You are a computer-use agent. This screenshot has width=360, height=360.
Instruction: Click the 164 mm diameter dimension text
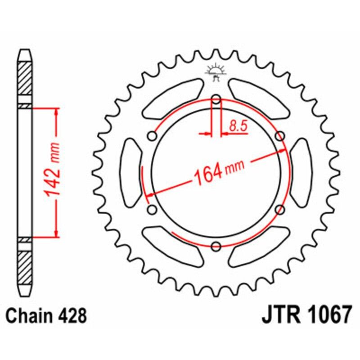[218, 170]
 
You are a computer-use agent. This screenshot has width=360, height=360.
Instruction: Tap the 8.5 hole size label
[238, 126]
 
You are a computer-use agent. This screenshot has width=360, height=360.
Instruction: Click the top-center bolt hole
[216, 99]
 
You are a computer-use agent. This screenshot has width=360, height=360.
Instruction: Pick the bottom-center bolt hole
[216, 246]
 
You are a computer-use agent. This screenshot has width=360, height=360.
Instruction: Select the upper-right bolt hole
[280, 136]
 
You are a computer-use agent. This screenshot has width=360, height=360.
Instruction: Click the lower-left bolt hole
[152, 210]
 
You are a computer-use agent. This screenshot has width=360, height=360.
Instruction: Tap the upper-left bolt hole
[153, 136]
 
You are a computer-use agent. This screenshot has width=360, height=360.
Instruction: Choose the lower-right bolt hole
[280, 210]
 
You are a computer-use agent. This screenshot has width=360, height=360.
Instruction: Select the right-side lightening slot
[301, 173]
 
